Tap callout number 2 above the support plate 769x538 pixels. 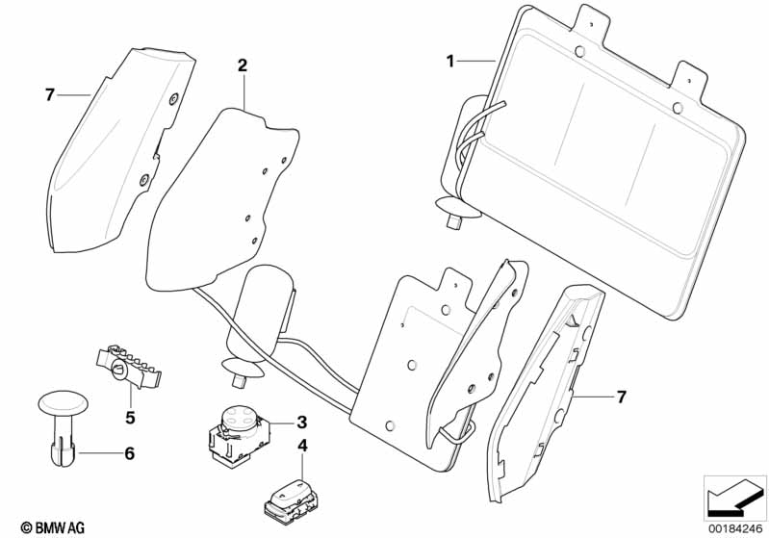coord(243,65)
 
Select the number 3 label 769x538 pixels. coord(301,422)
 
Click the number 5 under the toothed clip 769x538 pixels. coord(129,419)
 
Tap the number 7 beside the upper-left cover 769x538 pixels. coord(49,93)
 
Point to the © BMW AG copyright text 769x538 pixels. coord(47,527)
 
